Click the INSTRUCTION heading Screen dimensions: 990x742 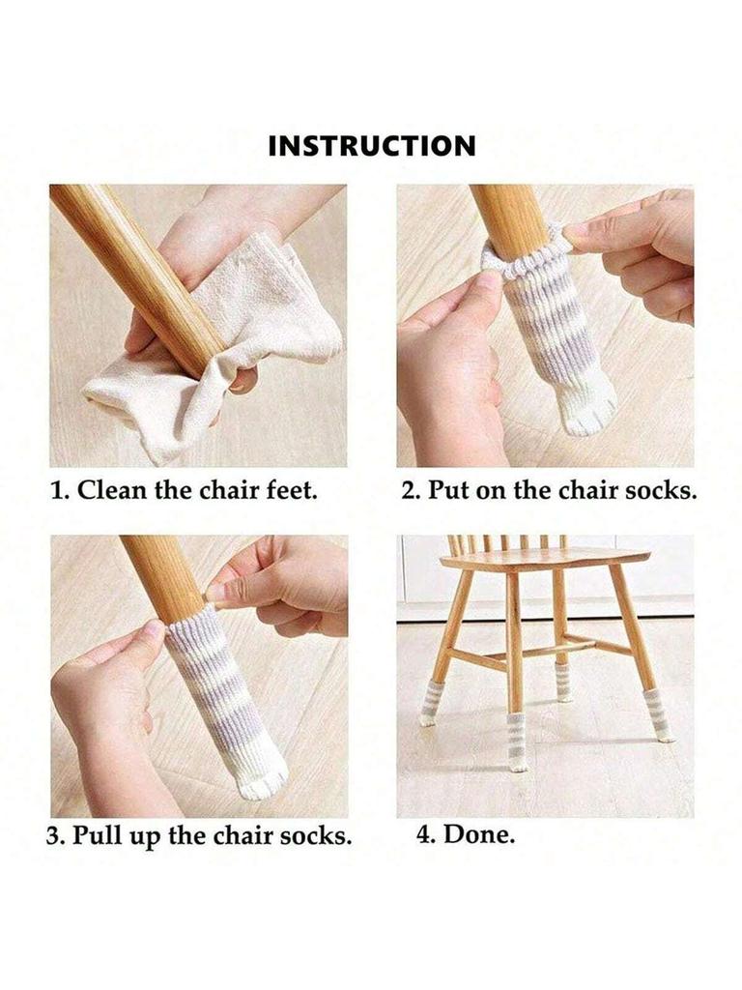[x=372, y=146]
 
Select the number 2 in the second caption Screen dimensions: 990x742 [x=408, y=489]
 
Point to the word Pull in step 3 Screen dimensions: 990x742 [x=101, y=836]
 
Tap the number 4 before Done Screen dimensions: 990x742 [x=423, y=834]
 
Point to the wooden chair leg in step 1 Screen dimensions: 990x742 [x=135, y=261]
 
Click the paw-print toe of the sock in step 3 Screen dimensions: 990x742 [x=264, y=779]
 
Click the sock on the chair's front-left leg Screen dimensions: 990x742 [x=430, y=705]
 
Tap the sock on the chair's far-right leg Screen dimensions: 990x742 [x=659, y=715]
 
